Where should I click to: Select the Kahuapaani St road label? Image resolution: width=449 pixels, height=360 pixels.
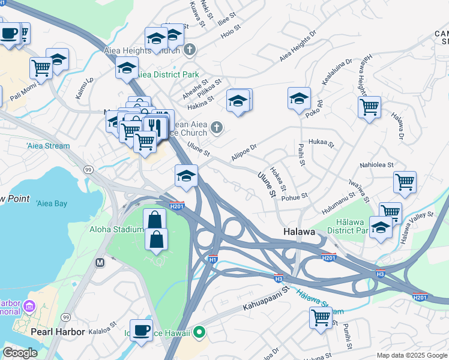(266, 299)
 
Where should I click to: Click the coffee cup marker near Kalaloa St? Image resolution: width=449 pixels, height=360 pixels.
(141, 330)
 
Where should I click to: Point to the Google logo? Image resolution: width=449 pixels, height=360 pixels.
(20, 353)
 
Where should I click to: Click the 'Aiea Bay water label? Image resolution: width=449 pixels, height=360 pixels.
(52, 203)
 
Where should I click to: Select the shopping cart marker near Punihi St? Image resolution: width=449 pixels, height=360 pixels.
(321, 317)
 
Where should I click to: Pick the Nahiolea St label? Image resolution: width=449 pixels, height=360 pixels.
(376, 164)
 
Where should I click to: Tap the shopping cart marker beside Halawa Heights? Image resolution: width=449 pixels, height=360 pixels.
(369, 107)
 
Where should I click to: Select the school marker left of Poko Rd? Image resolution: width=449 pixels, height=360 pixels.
(299, 99)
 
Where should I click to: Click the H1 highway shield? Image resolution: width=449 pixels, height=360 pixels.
(212, 259)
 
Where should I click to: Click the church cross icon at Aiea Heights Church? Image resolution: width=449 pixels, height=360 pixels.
(190, 50)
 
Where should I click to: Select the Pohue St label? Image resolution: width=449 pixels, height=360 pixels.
(295, 196)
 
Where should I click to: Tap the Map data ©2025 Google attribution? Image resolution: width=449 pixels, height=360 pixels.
(412, 355)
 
